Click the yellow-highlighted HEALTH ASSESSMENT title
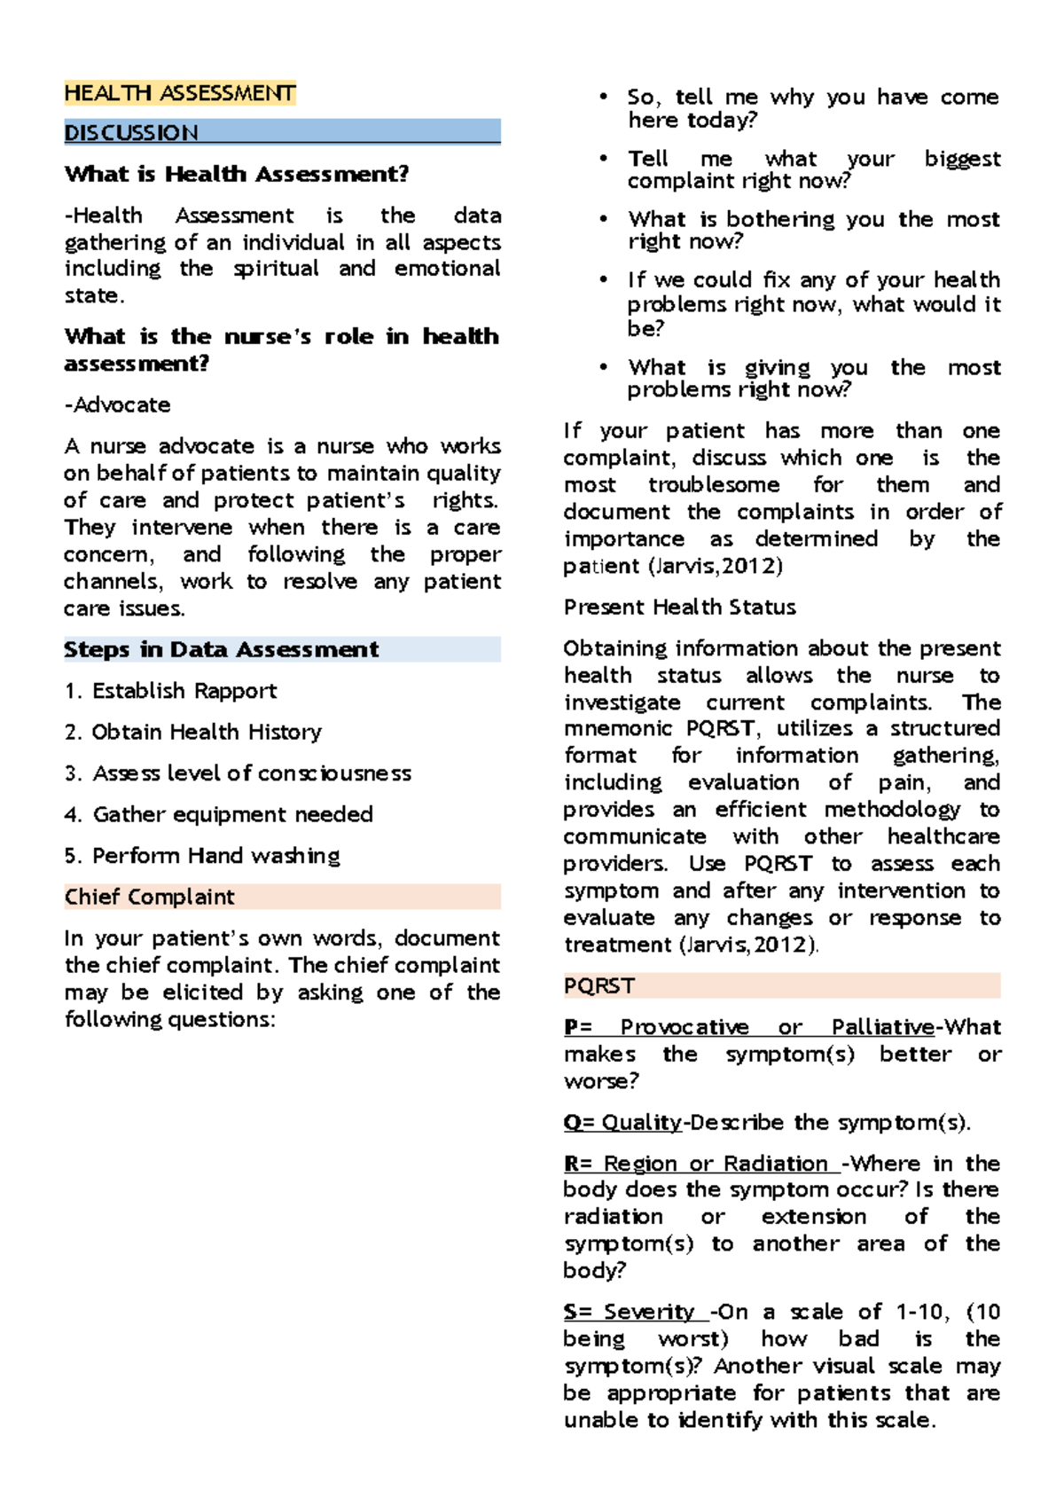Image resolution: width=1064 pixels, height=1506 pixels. point(180,93)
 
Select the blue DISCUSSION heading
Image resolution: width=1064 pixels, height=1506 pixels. point(131,133)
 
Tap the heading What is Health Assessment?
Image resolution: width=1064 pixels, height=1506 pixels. point(237,174)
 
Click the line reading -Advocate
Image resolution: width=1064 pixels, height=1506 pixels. point(118,405)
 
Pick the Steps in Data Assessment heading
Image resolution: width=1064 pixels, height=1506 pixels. point(222,649)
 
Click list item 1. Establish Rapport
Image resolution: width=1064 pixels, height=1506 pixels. point(170,691)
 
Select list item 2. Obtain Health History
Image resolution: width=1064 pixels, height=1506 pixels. point(192,732)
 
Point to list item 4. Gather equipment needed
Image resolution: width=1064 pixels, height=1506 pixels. point(218,814)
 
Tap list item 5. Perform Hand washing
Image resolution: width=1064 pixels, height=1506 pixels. point(202,856)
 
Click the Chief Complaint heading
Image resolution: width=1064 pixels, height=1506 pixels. point(150,897)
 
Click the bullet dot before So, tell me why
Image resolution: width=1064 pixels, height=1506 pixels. point(604,97)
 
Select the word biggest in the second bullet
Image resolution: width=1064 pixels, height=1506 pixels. point(962,159)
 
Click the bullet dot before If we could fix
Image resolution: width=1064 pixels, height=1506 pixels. point(604,280)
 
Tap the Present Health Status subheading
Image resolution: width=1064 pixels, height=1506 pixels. point(679,608)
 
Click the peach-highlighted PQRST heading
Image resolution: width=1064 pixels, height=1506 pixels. point(599,986)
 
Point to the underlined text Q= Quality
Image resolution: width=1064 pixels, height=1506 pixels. point(623,1123)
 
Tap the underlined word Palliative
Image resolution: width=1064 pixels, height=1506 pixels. point(882,1027)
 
